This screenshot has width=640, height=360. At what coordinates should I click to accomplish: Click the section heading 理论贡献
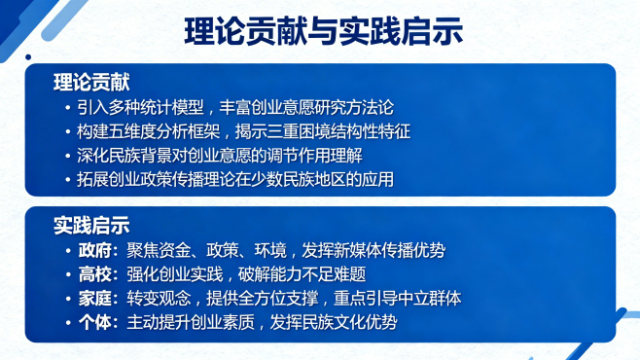(91, 82)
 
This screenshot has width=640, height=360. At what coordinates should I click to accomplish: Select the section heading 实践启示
(91, 226)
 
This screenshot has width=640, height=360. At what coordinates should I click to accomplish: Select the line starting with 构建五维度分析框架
(246, 130)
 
